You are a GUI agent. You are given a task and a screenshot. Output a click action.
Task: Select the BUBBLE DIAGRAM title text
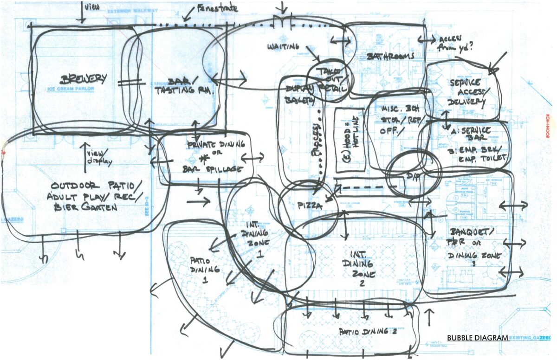pos(477,338)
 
